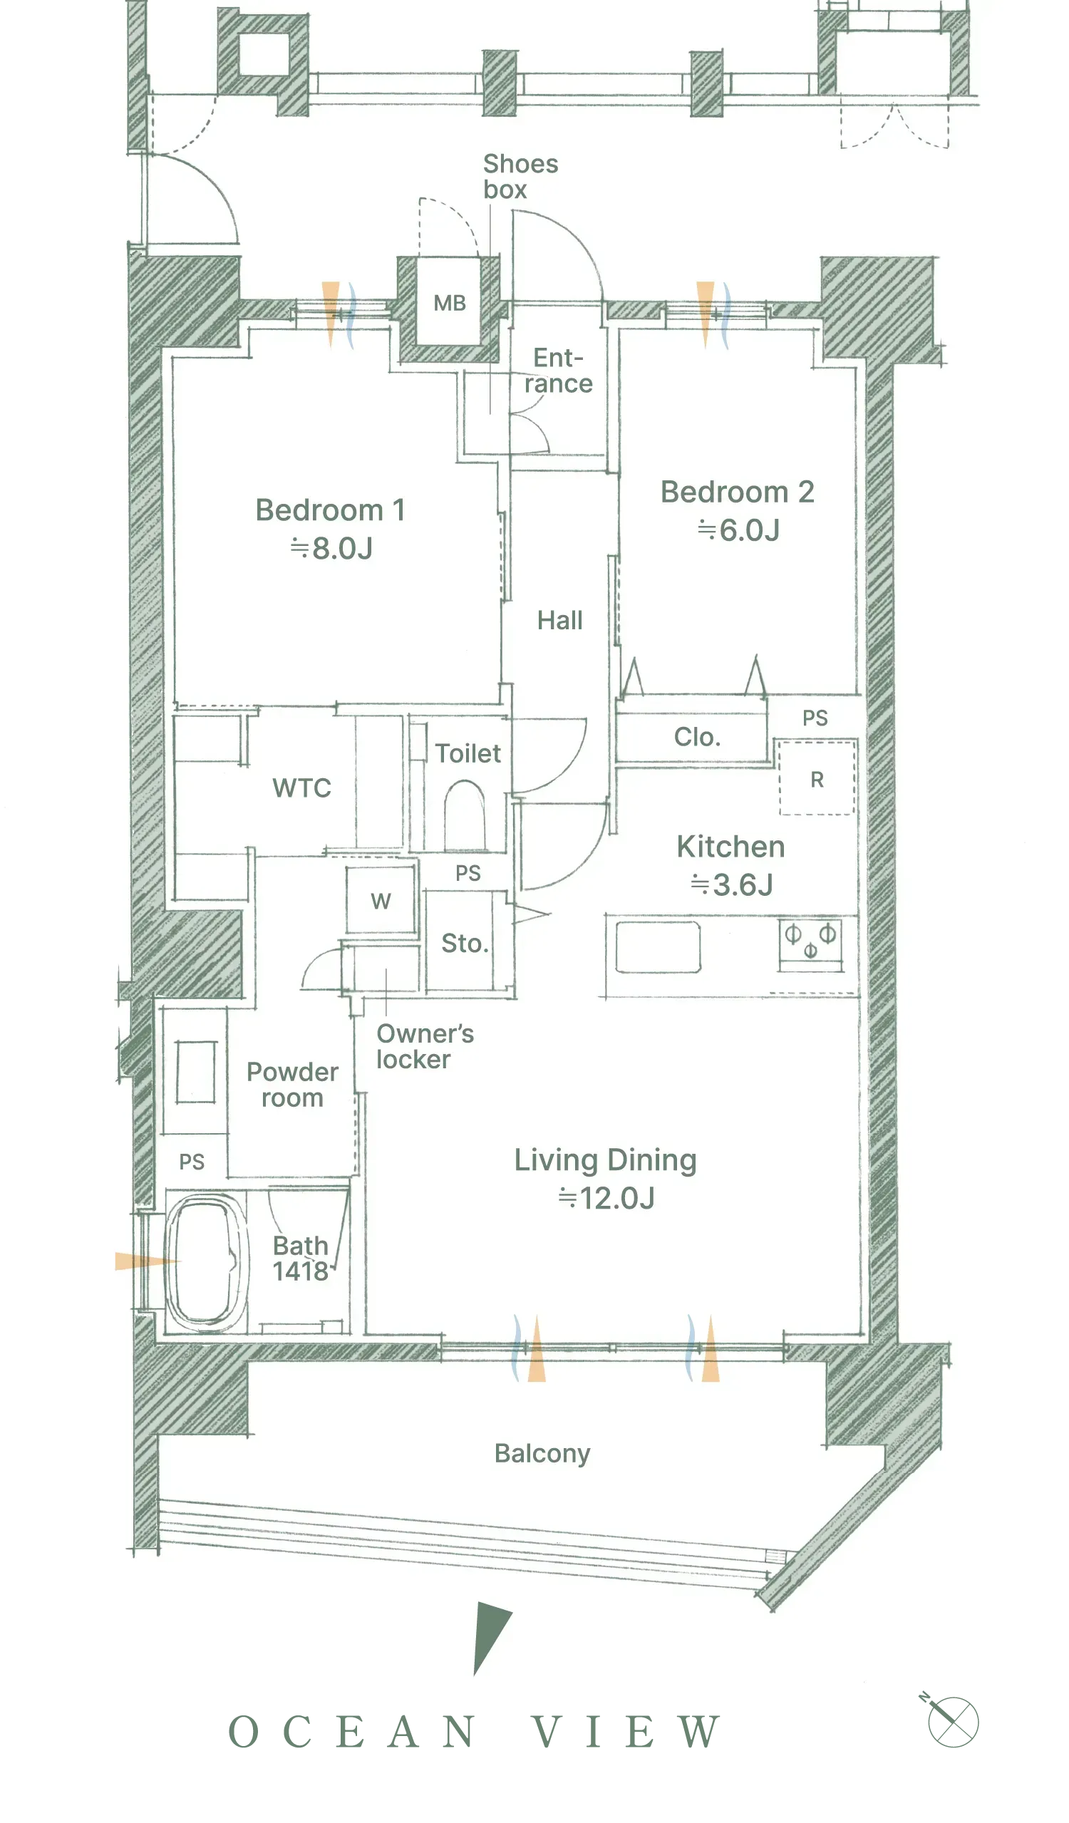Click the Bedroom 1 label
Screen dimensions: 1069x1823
coord(330,510)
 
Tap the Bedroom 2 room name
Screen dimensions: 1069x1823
coord(737,492)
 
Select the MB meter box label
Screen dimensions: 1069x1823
coord(449,303)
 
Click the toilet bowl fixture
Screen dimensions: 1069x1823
coord(464,815)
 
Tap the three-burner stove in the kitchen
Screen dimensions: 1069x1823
coord(810,944)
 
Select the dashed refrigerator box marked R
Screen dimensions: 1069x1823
coord(817,778)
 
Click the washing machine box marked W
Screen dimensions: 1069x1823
coord(381,901)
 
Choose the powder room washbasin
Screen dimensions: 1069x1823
coord(195,1072)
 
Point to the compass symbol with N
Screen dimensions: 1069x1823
coord(951,1720)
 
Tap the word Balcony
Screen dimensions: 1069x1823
coord(542,1453)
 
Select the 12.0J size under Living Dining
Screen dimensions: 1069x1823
coord(606,1199)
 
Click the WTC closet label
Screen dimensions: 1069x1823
coord(301,787)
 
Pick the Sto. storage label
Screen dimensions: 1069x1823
coord(465,944)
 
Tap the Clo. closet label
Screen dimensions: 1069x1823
coord(697,737)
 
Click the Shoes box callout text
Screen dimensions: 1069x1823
coord(520,177)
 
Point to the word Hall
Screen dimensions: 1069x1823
coord(560,621)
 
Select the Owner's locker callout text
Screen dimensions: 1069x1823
coord(425,1047)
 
